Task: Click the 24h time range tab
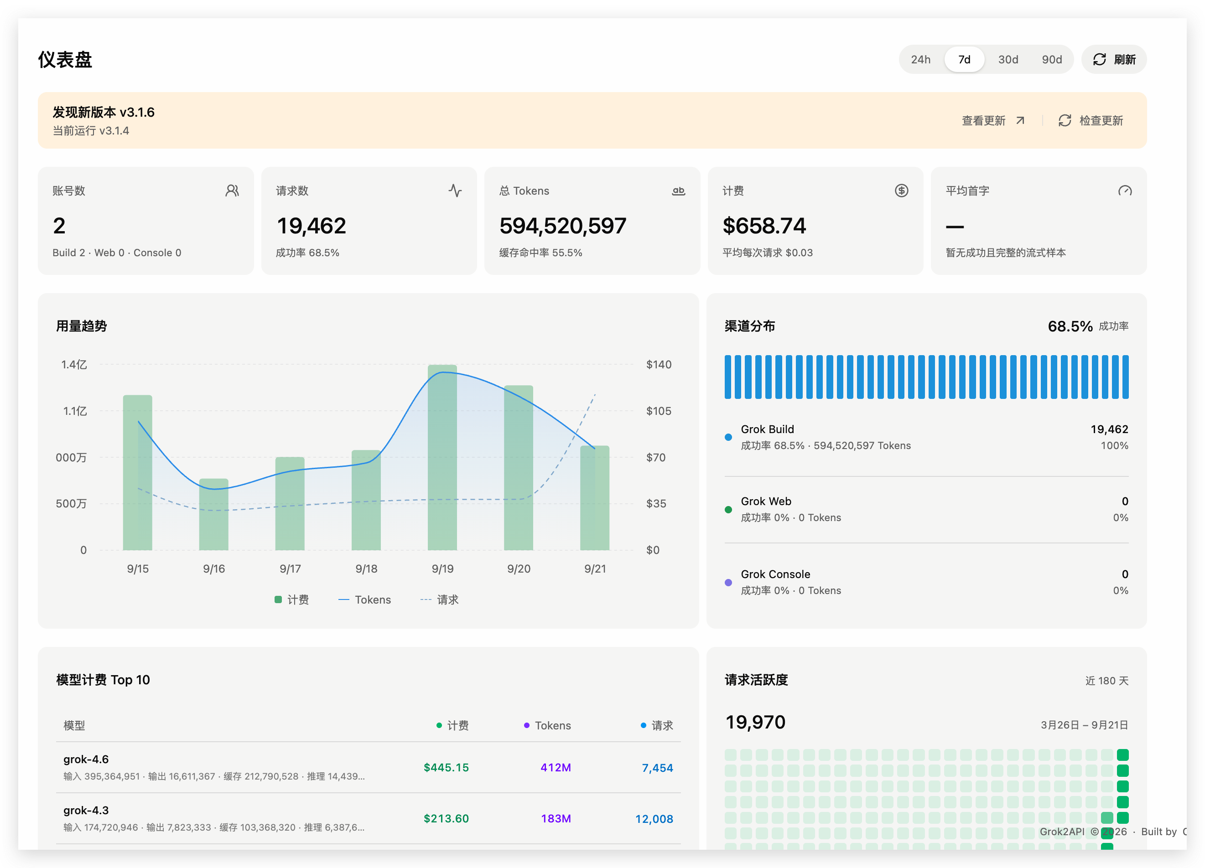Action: [920, 60]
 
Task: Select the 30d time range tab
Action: [1008, 60]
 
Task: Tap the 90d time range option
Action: [1051, 60]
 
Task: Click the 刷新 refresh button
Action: [1114, 60]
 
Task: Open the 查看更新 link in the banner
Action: [992, 121]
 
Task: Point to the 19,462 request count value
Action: [312, 226]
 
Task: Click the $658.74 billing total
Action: [764, 226]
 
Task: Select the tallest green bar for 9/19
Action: [442, 457]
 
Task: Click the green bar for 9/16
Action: [213, 514]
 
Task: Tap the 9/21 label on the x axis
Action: [595, 568]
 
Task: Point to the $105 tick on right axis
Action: [658, 411]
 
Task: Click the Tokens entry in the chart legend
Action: [364, 600]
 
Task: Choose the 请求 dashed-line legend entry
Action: [439, 600]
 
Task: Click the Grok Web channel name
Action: [766, 501]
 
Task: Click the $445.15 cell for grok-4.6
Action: [446, 767]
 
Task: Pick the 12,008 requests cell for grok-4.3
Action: [654, 819]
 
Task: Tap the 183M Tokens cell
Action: [556, 819]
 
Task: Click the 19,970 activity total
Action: [755, 722]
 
